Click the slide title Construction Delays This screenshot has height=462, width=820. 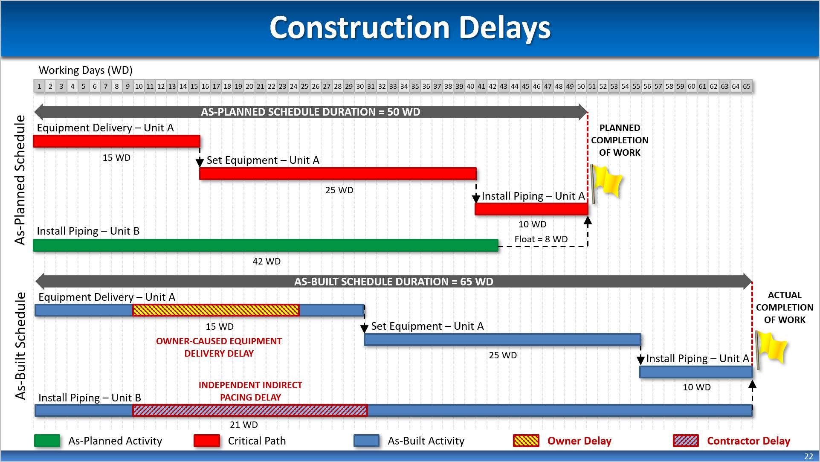point(410,28)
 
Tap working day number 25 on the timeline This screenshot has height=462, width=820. point(304,86)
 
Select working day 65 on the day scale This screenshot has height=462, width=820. point(747,86)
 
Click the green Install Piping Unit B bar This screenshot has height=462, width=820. point(266,245)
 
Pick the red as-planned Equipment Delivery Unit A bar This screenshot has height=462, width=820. point(116,141)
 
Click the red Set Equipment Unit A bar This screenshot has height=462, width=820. point(338,174)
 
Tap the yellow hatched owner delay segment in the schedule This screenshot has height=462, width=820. point(216,310)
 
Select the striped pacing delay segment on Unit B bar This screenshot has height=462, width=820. point(250,410)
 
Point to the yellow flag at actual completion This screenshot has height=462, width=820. point(771,347)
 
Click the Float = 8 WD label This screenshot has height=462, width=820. point(541,239)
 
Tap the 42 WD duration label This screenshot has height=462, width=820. point(267,261)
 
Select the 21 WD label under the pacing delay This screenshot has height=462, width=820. point(244,424)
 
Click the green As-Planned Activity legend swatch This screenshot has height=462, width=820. point(47,441)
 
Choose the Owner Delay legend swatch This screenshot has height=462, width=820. point(526,441)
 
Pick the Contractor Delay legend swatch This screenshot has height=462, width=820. point(686,441)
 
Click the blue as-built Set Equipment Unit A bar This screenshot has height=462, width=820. point(502,340)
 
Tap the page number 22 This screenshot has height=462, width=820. point(808,456)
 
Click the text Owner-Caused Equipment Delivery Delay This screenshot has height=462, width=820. point(219,347)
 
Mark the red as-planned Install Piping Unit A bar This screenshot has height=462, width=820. point(531,209)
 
